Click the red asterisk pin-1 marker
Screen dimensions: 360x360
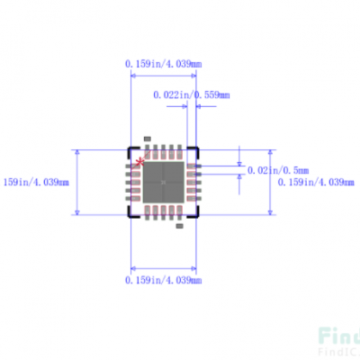(139, 163)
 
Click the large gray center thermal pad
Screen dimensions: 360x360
(164, 181)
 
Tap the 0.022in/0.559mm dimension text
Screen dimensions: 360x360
(191, 94)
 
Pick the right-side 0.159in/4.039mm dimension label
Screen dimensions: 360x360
(315, 182)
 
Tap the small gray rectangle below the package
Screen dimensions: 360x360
(178, 225)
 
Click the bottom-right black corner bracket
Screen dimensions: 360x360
(197, 214)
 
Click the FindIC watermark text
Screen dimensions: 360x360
(337, 339)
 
